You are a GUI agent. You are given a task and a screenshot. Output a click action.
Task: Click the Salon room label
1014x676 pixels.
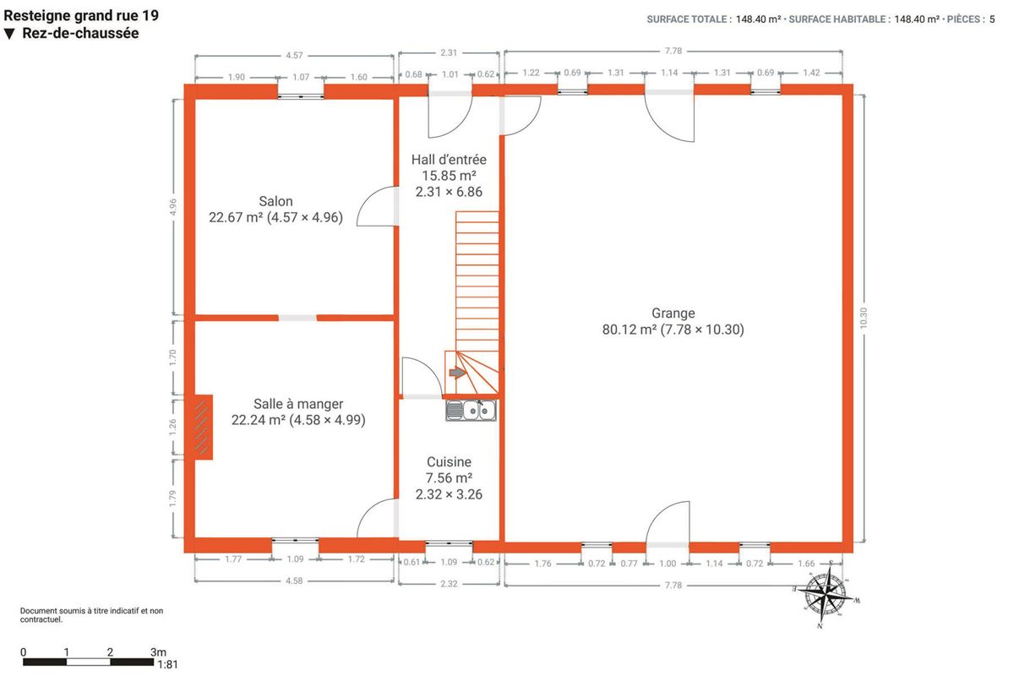pyautogui.click(x=275, y=201)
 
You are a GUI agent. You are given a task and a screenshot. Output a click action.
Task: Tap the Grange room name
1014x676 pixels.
pyautogui.click(x=673, y=313)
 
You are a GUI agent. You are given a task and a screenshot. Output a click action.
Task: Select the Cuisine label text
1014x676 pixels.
pyautogui.click(x=449, y=462)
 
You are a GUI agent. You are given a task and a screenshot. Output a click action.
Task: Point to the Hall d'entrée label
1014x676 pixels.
pyautogui.click(x=449, y=160)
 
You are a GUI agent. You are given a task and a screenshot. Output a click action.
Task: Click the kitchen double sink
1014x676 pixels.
pyautogui.click(x=471, y=411)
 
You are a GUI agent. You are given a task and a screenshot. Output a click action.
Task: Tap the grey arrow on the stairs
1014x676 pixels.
pyautogui.click(x=458, y=373)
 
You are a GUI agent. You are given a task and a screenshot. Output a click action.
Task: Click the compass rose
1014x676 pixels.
pyautogui.click(x=826, y=593)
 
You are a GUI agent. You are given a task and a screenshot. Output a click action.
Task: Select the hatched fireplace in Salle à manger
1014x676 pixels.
pyautogui.click(x=201, y=428)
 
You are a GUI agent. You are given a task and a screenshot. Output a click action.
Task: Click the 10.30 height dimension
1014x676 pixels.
pyautogui.click(x=864, y=318)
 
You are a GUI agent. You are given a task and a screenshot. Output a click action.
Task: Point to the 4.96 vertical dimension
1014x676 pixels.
pyautogui.click(x=172, y=207)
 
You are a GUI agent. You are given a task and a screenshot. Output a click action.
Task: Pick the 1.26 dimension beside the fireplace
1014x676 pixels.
pyautogui.click(x=172, y=428)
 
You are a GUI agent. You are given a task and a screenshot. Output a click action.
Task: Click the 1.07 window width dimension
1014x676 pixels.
pyautogui.click(x=301, y=77)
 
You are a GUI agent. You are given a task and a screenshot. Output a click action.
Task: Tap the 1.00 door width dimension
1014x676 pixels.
pyautogui.click(x=668, y=564)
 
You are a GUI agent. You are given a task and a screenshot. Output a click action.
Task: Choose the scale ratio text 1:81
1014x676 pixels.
pyautogui.click(x=167, y=665)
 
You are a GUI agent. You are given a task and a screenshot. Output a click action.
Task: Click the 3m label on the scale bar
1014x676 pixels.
pyautogui.click(x=159, y=652)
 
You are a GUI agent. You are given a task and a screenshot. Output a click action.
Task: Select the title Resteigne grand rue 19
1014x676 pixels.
pyautogui.click(x=81, y=16)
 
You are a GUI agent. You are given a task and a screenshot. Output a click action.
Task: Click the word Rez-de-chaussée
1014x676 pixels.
pyautogui.click(x=80, y=33)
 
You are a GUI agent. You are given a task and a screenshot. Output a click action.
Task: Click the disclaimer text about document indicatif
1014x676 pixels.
pyautogui.click(x=91, y=615)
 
